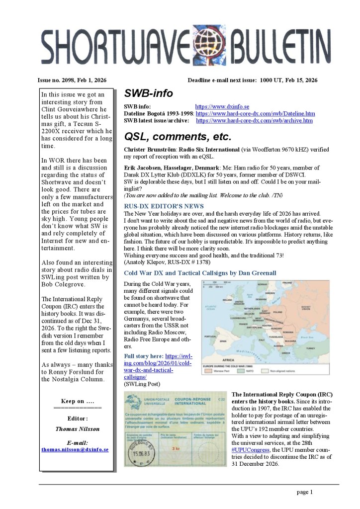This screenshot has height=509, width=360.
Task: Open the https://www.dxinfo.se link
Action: pos(222,106)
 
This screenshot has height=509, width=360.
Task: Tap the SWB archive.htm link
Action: pos(254,120)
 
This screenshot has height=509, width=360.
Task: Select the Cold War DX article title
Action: pos(200,273)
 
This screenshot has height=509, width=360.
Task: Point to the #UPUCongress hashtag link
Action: pos(251,449)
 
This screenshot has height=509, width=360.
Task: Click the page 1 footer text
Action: pos(304,492)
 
